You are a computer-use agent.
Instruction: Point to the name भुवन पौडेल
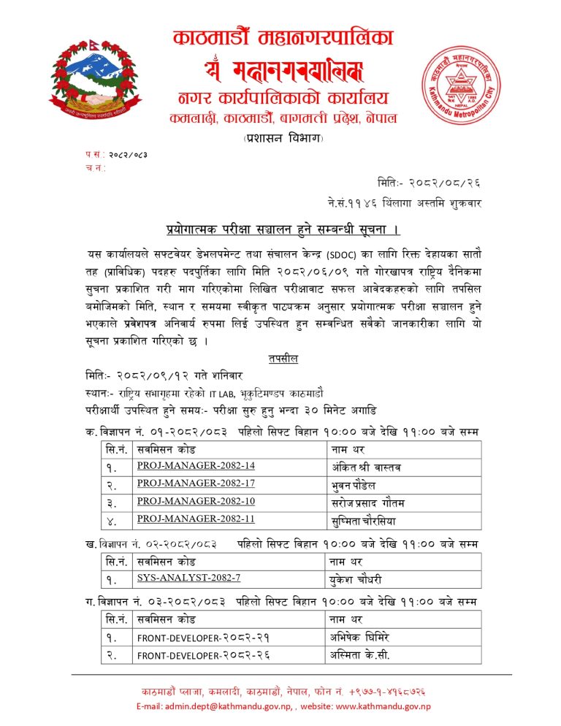pyautogui.click(x=356, y=484)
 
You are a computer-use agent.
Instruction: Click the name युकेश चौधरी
pyautogui.click(x=357, y=578)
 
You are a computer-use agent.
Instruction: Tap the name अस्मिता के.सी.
pyautogui.click(x=360, y=654)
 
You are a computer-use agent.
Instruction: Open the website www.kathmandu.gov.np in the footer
pyautogui.click(x=383, y=706)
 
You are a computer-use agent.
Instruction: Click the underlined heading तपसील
pyautogui.click(x=280, y=359)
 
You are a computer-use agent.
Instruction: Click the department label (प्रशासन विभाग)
pyautogui.click(x=281, y=137)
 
